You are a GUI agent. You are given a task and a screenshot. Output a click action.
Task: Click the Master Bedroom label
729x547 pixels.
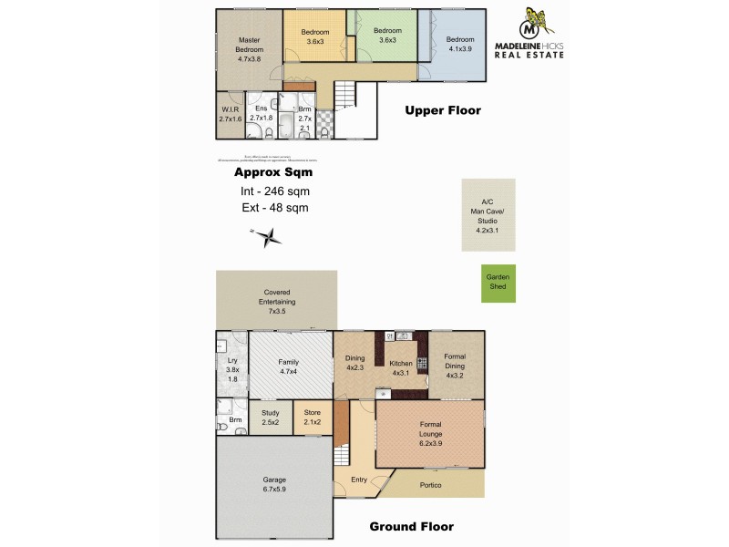pos(250,49)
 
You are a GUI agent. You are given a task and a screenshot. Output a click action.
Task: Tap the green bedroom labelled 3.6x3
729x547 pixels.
pos(387,36)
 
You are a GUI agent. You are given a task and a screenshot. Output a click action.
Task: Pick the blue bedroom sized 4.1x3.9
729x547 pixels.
pos(459,45)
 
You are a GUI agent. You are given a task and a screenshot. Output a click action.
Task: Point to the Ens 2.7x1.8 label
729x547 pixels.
pos(262,113)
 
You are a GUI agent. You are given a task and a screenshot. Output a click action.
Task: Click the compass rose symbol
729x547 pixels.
pos(268,239)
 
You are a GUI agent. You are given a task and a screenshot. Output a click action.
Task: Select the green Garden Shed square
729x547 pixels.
pos(498,284)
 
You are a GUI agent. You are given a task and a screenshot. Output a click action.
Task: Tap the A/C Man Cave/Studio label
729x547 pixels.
pos(488,216)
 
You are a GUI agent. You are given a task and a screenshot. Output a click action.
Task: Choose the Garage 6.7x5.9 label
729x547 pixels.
pos(275,484)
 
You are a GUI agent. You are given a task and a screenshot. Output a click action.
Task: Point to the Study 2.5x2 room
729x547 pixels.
pos(270,418)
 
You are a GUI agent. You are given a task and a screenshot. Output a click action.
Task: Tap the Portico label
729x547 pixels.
pos(430,484)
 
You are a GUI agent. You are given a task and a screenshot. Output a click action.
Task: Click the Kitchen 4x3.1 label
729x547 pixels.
pos(401,367)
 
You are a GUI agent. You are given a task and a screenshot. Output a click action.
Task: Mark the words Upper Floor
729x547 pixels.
pos(442,111)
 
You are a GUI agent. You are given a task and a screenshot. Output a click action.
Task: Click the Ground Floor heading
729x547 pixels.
pos(410,526)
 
